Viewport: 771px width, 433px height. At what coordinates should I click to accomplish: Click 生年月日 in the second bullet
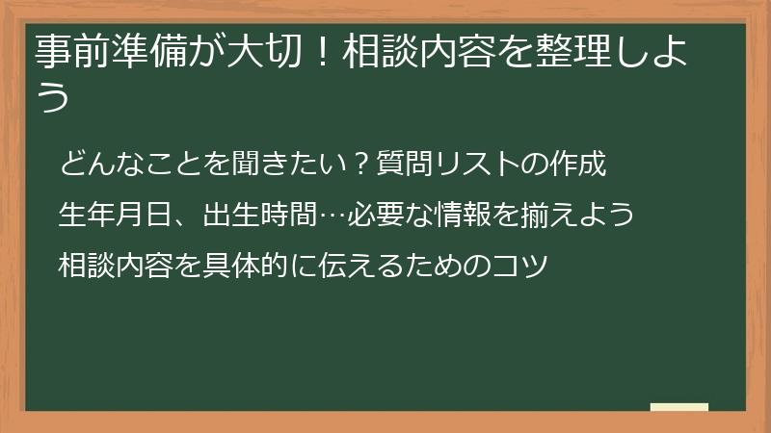coord(107,214)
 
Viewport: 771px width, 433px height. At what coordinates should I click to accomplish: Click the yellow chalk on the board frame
coord(678,406)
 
